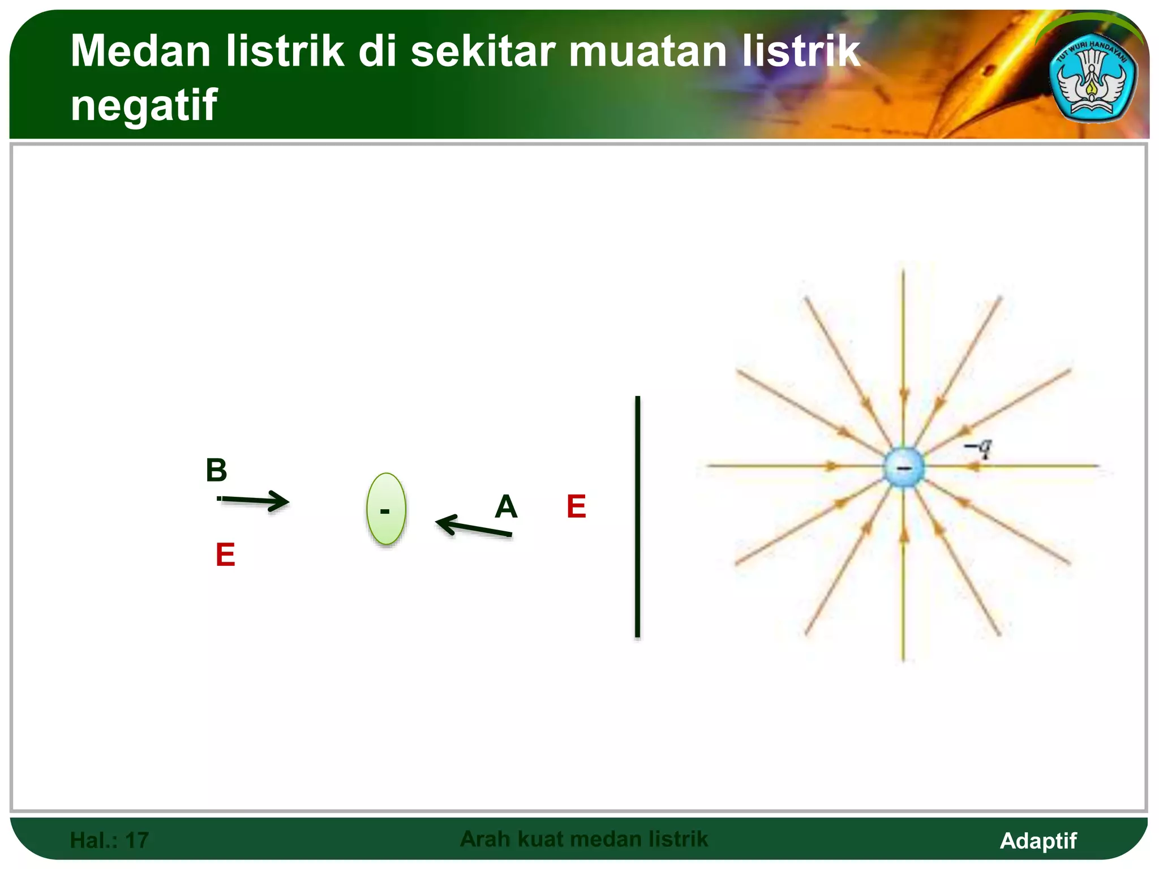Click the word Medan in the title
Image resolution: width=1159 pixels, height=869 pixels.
[x=140, y=51]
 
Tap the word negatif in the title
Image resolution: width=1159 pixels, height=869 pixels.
[x=144, y=105]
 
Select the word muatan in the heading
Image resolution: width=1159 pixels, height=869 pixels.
[x=647, y=51]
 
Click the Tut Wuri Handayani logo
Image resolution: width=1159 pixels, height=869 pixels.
[x=1092, y=82]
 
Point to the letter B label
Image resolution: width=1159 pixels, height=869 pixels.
[x=216, y=470]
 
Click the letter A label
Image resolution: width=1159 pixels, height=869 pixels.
[x=506, y=506]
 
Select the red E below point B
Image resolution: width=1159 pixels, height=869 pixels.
[x=225, y=554]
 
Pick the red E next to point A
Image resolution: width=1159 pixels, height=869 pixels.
[x=576, y=506]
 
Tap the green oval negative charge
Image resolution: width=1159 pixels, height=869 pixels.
[x=386, y=509]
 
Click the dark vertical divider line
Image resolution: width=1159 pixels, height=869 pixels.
[x=637, y=517]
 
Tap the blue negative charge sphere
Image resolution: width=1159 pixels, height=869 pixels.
[x=904, y=467]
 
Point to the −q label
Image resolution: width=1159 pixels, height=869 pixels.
[x=978, y=448]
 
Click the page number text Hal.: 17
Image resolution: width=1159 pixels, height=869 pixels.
[x=109, y=840]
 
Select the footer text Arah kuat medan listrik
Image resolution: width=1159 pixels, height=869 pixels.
[x=583, y=839]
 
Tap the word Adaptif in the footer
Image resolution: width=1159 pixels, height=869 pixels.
[x=1038, y=840]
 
